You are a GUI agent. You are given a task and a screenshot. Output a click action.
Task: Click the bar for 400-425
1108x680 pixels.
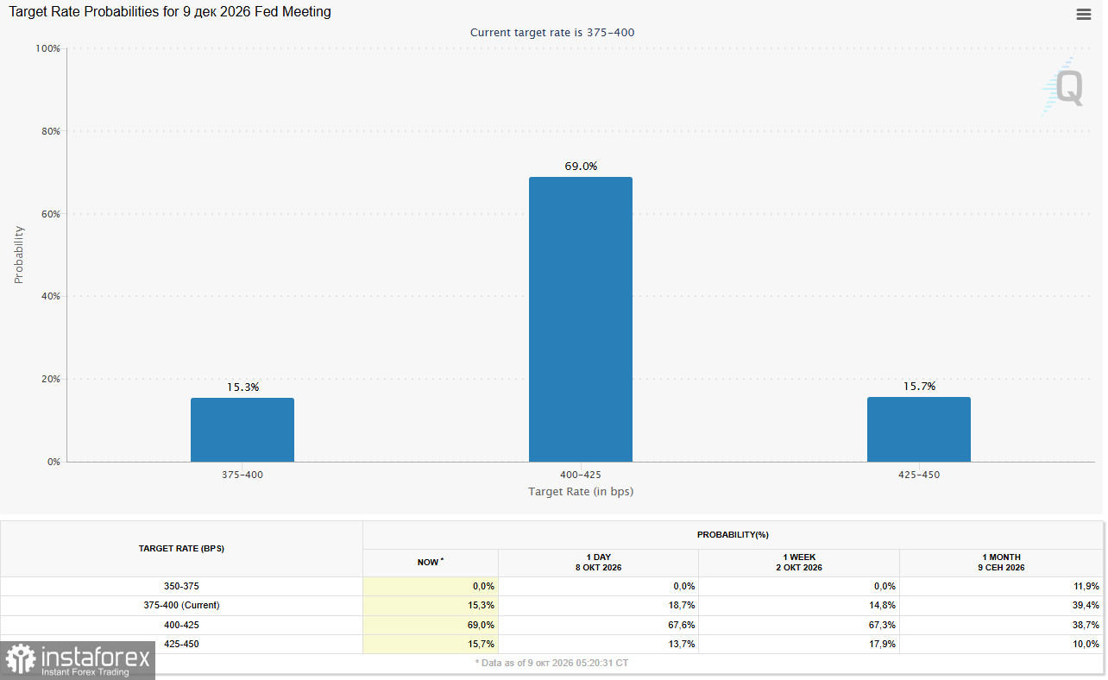pyautogui.click(x=580, y=319)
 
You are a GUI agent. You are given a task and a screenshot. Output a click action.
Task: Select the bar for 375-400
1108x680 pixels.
pyautogui.click(x=242, y=430)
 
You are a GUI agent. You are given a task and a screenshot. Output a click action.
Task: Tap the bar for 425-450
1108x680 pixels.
pyautogui.click(x=918, y=429)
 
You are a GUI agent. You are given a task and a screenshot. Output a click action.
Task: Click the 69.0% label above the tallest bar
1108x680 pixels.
pyautogui.click(x=581, y=167)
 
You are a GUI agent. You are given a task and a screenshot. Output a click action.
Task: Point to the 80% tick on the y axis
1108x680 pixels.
pyautogui.click(x=51, y=131)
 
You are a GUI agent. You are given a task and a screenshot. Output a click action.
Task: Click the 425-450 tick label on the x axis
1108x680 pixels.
pyautogui.click(x=918, y=475)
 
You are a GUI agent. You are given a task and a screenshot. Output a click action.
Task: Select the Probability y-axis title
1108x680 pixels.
pyautogui.click(x=19, y=255)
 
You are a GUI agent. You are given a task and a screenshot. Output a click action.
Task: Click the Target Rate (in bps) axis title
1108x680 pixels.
pyautogui.click(x=581, y=492)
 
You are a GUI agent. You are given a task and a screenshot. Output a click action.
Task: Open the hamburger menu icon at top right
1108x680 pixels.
pyautogui.click(x=1083, y=15)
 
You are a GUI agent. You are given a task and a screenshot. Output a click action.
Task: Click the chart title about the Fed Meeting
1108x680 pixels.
pyautogui.click(x=170, y=12)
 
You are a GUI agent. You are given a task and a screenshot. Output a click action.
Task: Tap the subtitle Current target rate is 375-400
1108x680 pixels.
pyautogui.click(x=552, y=33)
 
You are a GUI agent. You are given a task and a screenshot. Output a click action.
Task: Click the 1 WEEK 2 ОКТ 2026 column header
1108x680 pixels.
pyautogui.click(x=799, y=563)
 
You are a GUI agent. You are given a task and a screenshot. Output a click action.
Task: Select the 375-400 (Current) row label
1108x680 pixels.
pyautogui.click(x=181, y=605)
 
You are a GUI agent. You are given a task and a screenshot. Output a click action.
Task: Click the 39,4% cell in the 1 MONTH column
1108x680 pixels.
pyautogui.click(x=1086, y=605)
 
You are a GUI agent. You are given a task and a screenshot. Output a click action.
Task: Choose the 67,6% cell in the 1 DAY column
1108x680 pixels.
pyautogui.click(x=681, y=625)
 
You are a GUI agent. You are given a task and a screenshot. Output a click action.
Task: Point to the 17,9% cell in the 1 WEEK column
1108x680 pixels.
pyautogui.click(x=882, y=644)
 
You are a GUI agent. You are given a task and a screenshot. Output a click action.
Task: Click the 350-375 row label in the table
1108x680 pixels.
pyautogui.click(x=181, y=586)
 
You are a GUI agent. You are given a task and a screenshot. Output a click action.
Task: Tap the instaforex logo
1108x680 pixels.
pyautogui.click(x=78, y=660)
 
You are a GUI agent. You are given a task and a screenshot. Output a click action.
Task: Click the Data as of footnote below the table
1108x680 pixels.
pyautogui.click(x=551, y=663)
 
